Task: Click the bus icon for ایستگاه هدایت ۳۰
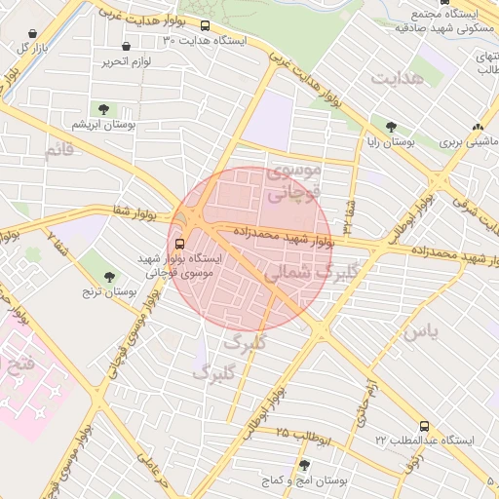pyautogui.click(x=205, y=26)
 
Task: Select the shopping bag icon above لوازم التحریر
pyautogui.click(x=127, y=47)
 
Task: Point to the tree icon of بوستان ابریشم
pyautogui.click(x=104, y=108)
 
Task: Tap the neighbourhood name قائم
pyautogui.click(x=59, y=151)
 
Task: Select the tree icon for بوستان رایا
pyautogui.click(x=392, y=127)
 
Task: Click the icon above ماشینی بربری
pyautogui.click(x=477, y=127)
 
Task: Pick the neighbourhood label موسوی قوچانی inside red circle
pyautogui.click(x=292, y=182)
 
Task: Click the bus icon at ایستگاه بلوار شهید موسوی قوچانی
pyautogui.click(x=179, y=245)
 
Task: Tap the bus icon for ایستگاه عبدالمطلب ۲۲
pyautogui.click(x=424, y=426)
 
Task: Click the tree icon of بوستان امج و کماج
pyautogui.click(x=305, y=465)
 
